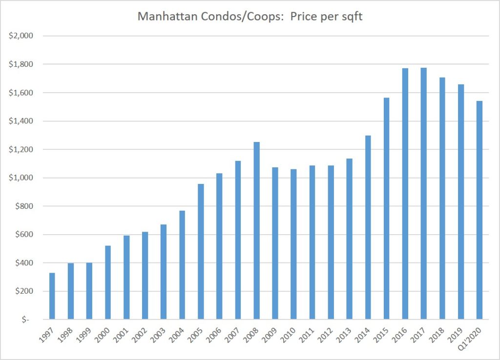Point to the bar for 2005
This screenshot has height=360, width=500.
pos(201,252)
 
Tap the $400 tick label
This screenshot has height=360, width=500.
pos(24,263)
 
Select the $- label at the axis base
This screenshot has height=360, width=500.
pos(26,320)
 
